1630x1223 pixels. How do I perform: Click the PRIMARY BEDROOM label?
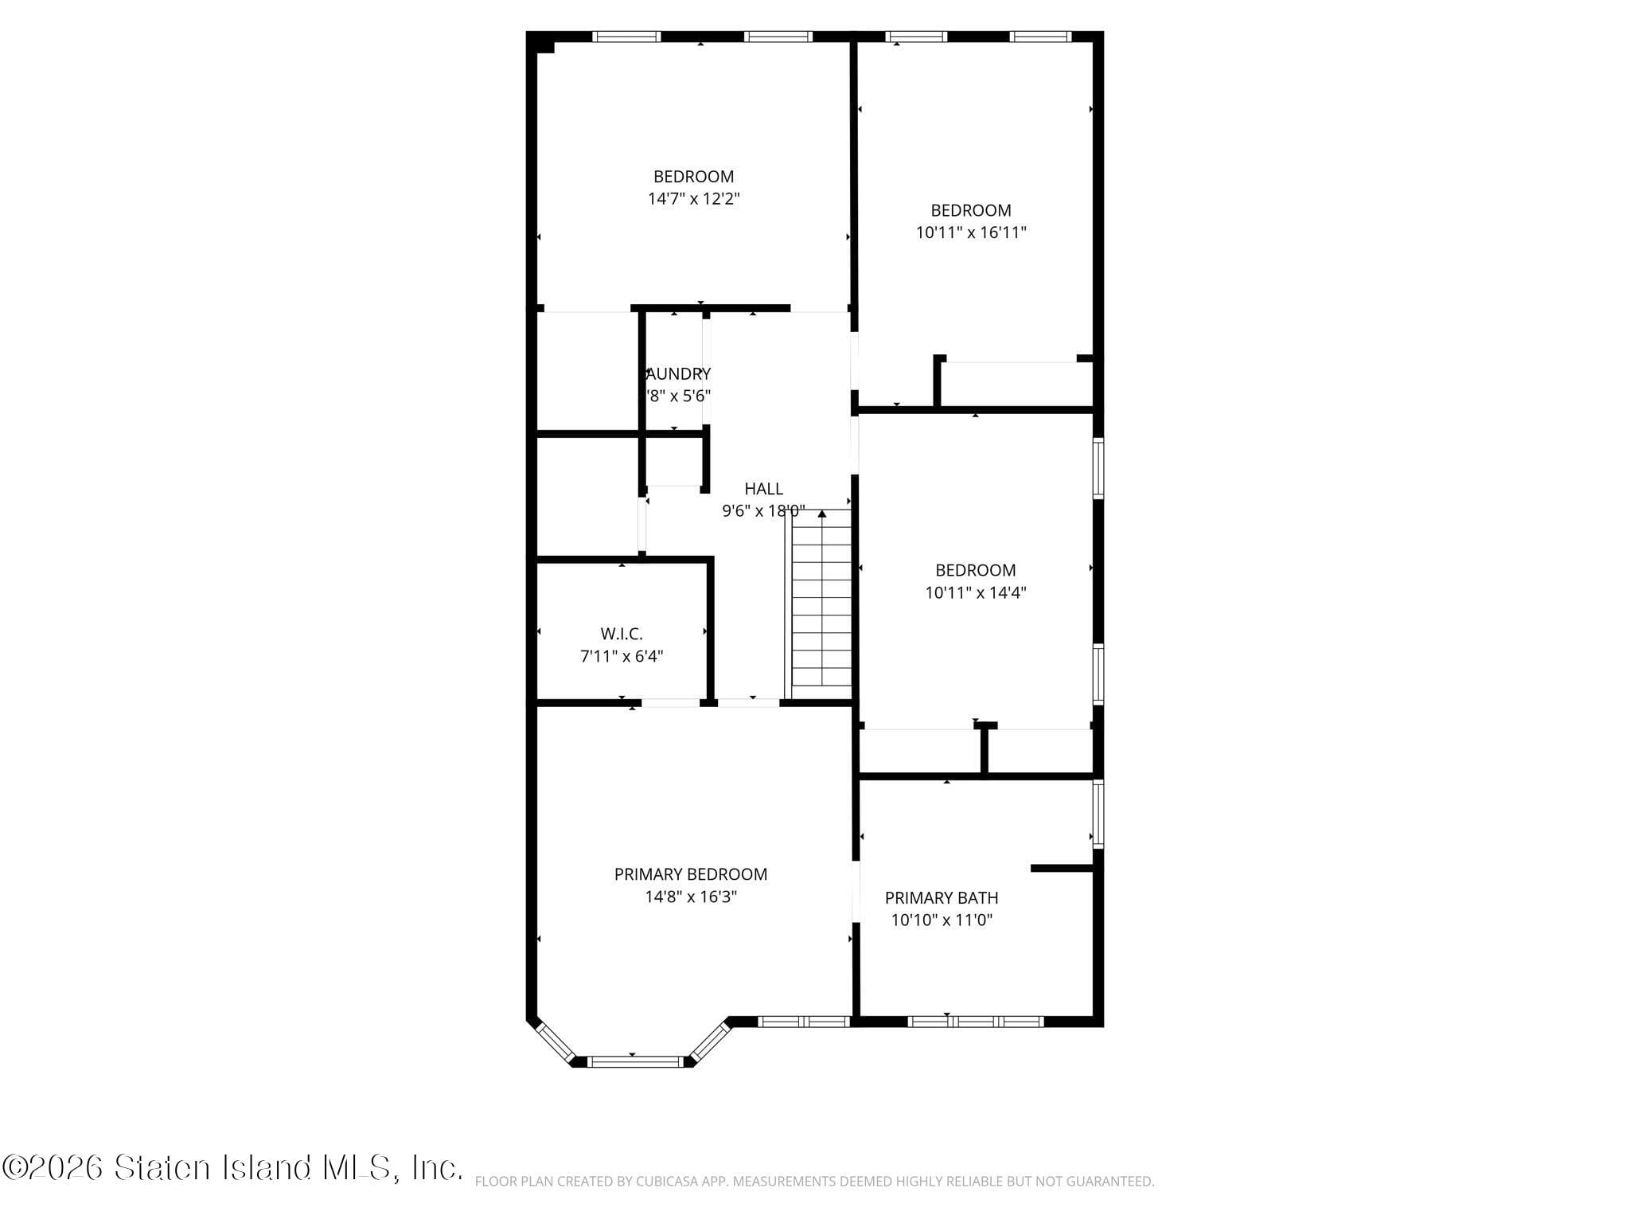coord(690,874)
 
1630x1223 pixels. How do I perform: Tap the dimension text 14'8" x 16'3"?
coord(690,897)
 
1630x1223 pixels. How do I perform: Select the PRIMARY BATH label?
coord(941,897)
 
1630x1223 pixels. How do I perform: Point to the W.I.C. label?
coord(621,634)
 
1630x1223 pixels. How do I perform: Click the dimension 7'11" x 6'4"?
coord(621,656)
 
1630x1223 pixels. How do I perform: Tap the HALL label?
coord(763,488)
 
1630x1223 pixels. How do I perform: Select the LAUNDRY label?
coord(678,373)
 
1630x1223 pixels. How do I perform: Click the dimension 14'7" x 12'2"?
coord(693,198)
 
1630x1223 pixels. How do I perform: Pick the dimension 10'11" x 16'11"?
coord(971,232)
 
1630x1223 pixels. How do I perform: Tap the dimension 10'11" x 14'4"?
coord(975,592)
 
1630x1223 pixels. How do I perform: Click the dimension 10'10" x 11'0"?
coord(941,920)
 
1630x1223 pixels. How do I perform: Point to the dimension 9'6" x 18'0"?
coord(763,510)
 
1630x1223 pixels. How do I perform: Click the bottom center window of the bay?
coord(635,1061)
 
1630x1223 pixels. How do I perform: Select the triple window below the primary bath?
coord(975,1022)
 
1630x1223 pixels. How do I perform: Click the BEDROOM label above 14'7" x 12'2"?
coord(693,176)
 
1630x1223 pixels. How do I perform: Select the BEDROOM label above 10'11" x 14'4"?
coord(975,570)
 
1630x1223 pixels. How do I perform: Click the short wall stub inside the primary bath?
coord(1061,868)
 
